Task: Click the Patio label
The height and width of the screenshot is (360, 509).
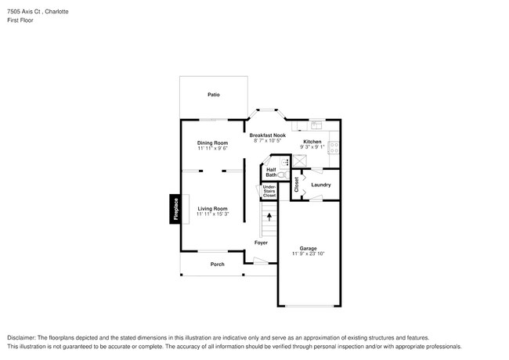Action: click(x=213, y=95)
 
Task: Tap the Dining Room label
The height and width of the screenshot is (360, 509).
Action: click(x=212, y=142)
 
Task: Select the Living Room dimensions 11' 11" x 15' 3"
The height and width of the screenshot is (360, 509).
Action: click(x=212, y=214)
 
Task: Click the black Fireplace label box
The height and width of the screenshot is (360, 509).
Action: click(x=175, y=209)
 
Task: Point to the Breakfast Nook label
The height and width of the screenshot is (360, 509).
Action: click(x=268, y=135)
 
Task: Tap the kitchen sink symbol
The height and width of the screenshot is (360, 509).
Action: click(x=316, y=124)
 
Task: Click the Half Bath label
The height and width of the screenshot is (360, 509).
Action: click(x=271, y=172)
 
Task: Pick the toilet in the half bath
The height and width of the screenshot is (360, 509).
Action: click(x=281, y=175)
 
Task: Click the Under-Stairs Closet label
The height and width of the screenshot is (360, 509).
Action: click(x=269, y=191)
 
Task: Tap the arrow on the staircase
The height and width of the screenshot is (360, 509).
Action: click(x=269, y=217)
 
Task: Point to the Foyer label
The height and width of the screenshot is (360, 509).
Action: click(x=261, y=243)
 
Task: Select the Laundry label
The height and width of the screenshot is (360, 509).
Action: click(x=320, y=185)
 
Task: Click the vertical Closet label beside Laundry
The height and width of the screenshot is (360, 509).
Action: click(x=296, y=185)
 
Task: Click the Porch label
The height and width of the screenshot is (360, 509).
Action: click(x=217, y=265)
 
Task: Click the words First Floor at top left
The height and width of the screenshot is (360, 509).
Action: click(x=20, y=20)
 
